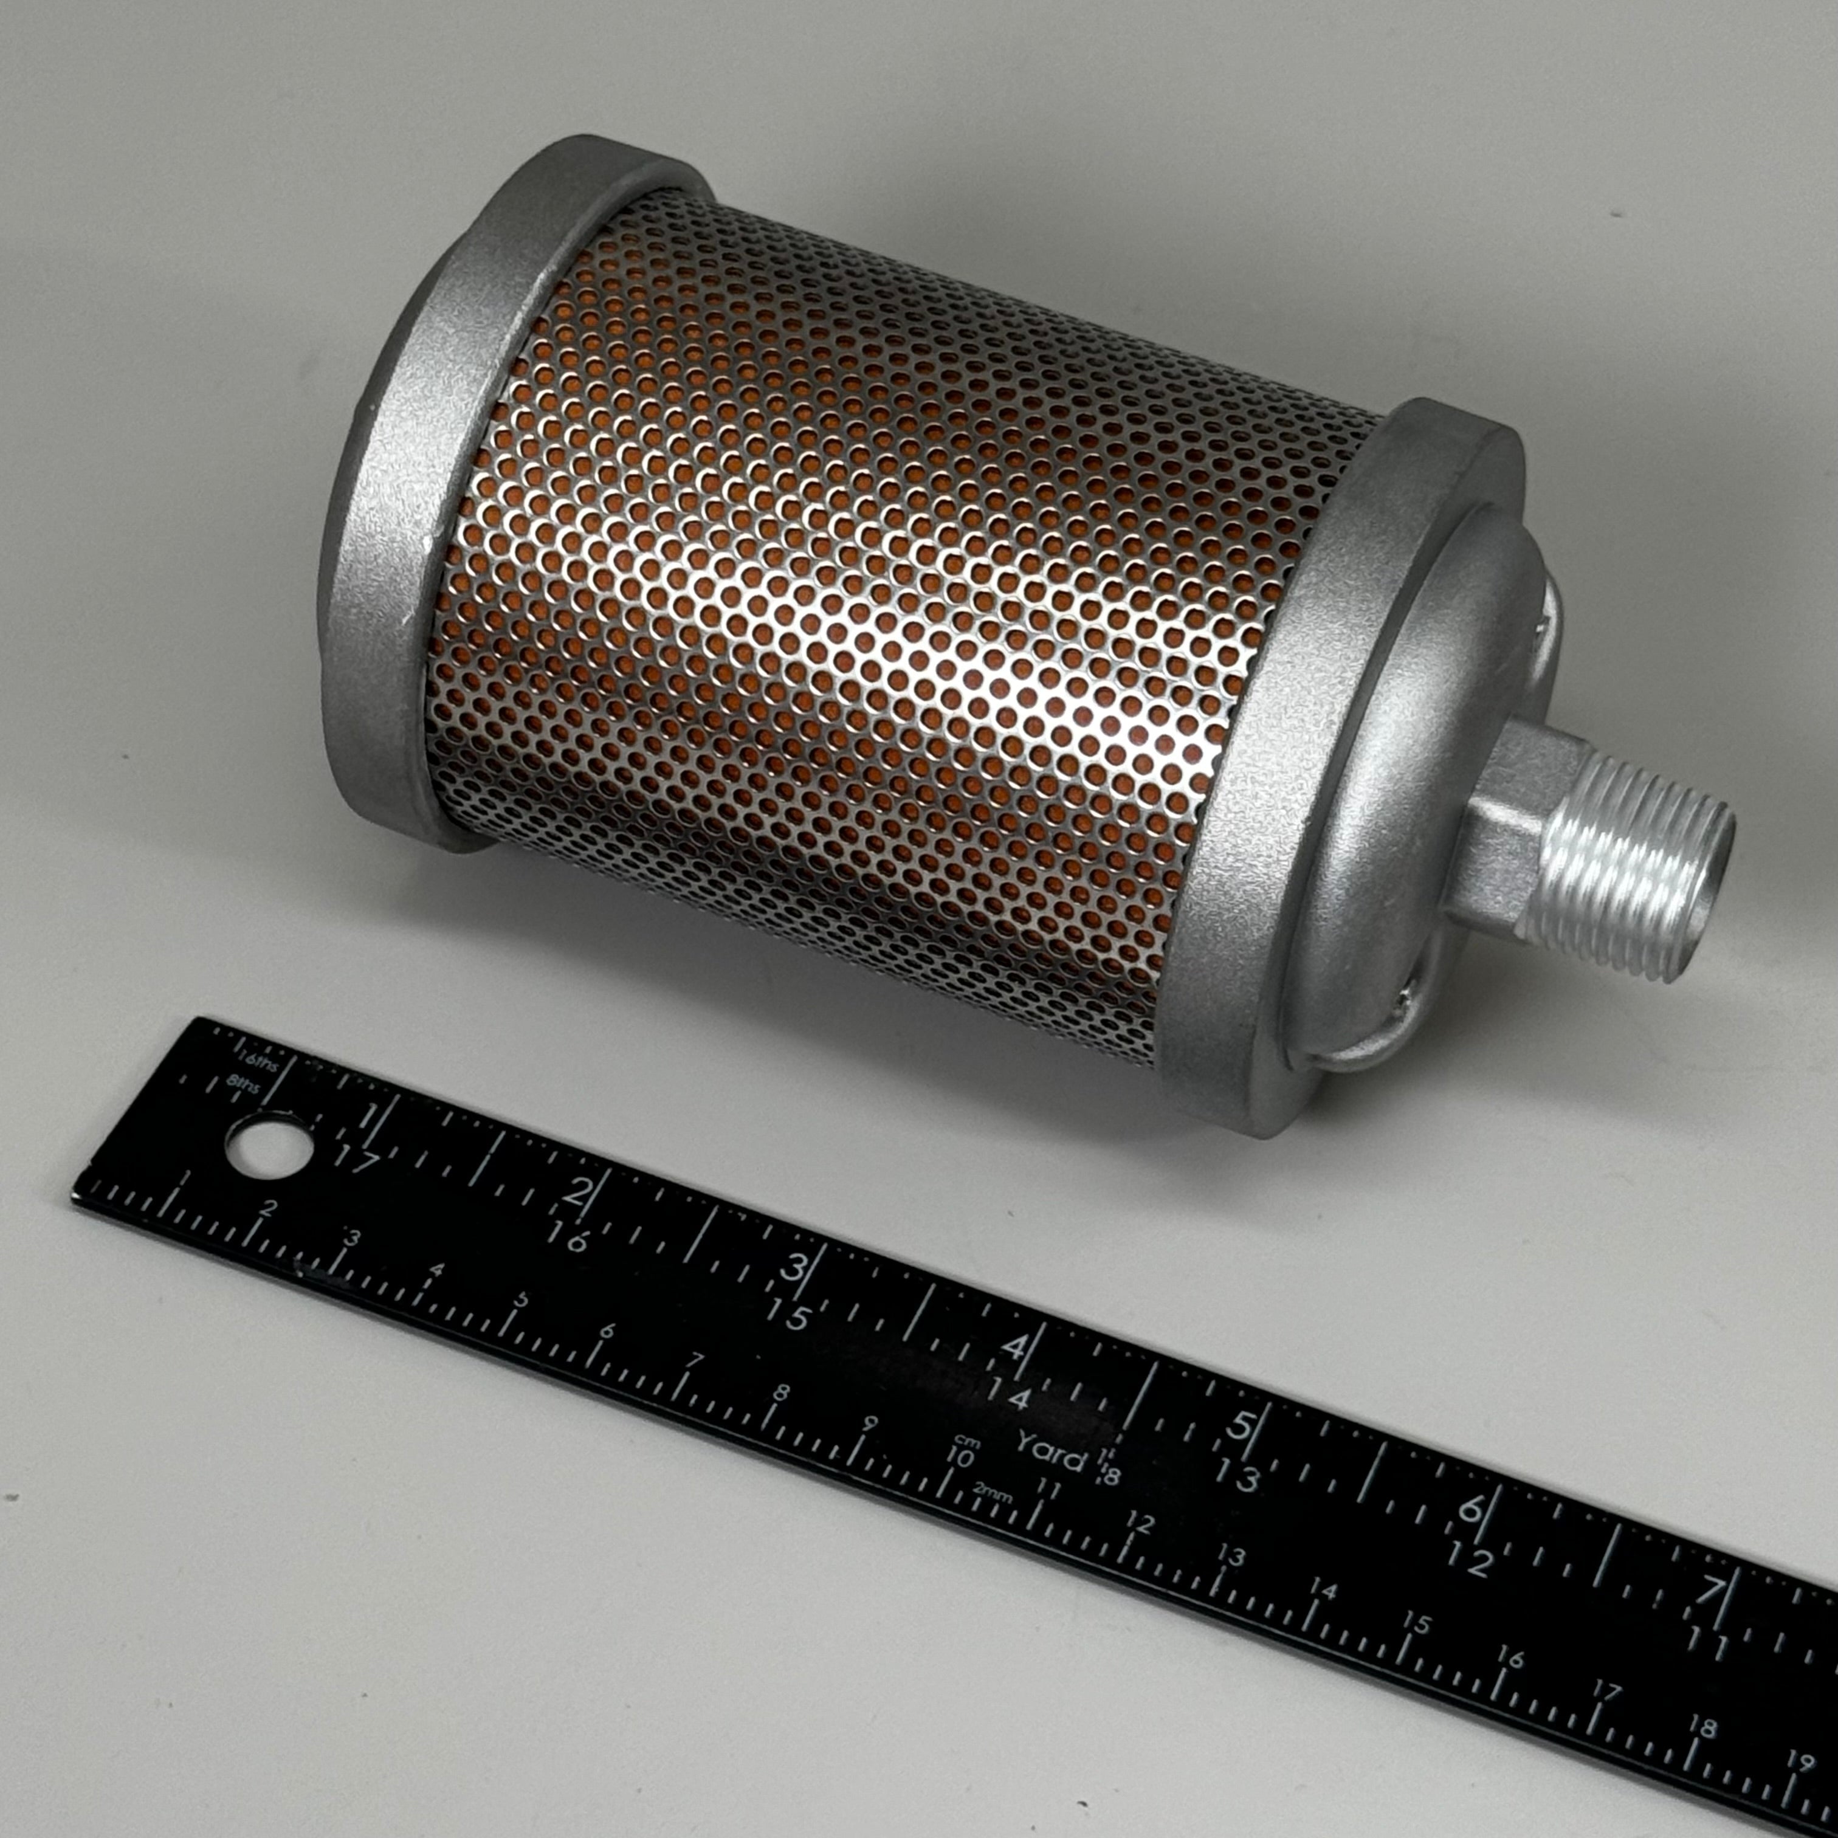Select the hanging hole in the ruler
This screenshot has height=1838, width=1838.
click(267, 1146)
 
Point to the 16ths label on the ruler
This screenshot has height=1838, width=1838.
click(257, 1058)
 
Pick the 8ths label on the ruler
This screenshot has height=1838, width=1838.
click(244, 1084)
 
